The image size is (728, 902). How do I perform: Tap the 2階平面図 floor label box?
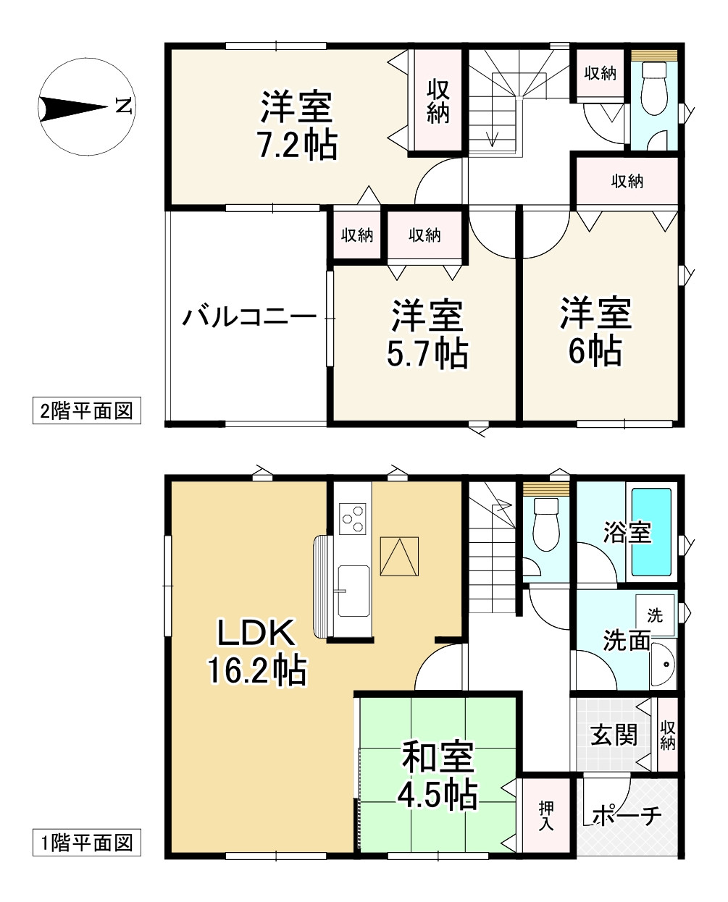coord(86,411)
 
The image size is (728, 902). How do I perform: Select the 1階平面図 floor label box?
coord(86,843)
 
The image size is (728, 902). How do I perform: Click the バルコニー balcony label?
coord(249,317)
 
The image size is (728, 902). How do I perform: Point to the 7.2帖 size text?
coord(298,146)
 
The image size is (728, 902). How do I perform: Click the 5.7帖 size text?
coord(428,354)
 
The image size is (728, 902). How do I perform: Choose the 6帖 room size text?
coord(595,352)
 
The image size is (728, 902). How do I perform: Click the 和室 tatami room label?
coord(438,758)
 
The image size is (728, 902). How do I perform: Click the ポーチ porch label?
coord(627,816)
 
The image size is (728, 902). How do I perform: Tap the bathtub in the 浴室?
coord(651,532)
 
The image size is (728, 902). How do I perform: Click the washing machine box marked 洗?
coord(655,615)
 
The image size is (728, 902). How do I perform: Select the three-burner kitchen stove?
coord(353,517)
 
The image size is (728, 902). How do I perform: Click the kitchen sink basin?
coord(353,591)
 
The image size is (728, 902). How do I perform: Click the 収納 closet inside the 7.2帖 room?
coord(438,101)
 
